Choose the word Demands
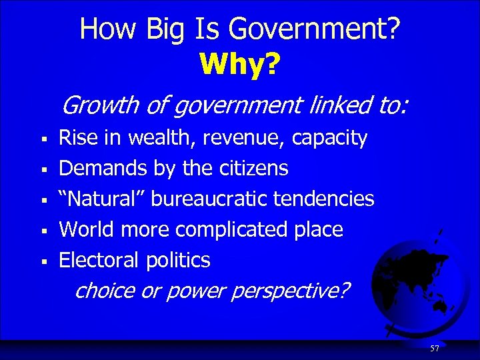point(103,169)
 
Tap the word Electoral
point(99,260)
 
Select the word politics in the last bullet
point(178,260)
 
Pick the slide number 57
point(434,349)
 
